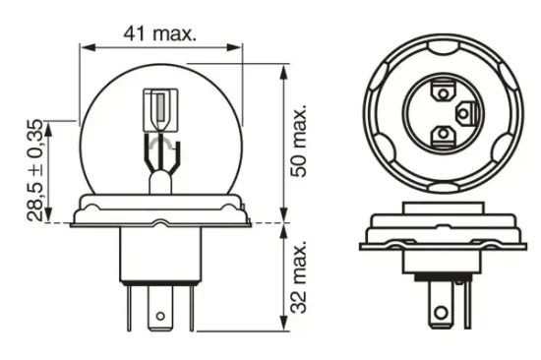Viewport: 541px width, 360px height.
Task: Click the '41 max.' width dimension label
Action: tap(160, 31)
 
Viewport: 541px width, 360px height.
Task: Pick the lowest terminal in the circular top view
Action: tap(444, 133)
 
